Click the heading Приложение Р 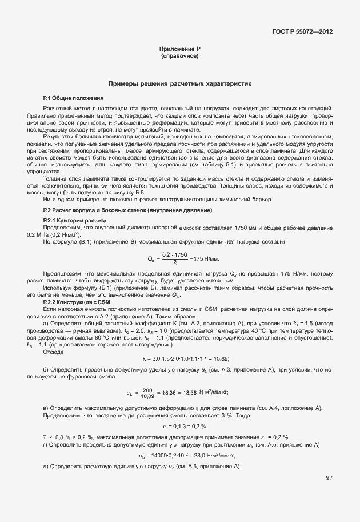coord(179,50)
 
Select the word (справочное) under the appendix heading coord(179,57)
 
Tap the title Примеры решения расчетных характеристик coord(180,83)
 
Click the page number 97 coord(329,478)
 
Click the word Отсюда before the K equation coord(54,352)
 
